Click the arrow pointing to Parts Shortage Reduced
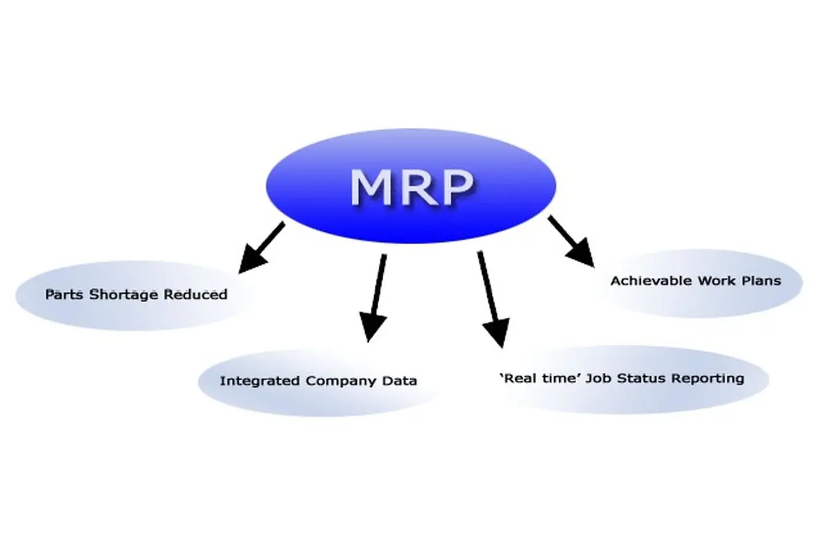261,245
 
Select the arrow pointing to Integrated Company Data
377,297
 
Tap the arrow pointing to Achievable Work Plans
571,241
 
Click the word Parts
61,294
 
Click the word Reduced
196,294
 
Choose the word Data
402,381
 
